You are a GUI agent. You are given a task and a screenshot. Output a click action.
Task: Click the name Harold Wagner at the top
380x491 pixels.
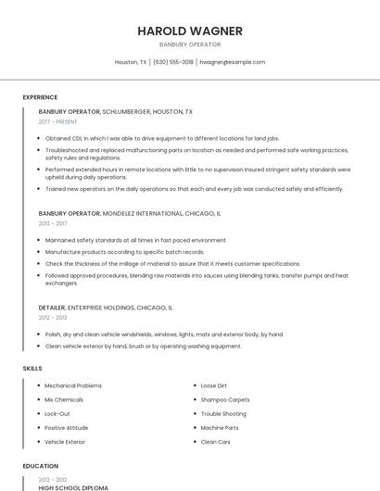tap(190, 31)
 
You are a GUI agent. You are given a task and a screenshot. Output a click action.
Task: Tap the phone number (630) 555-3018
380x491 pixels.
tap(173, 62)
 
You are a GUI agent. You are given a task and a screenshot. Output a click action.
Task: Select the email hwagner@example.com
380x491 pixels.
tap(232, 62)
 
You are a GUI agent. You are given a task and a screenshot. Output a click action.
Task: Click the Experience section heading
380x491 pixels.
tap(40, 97)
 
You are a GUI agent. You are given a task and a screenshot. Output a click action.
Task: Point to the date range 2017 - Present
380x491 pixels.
tap(57, 121)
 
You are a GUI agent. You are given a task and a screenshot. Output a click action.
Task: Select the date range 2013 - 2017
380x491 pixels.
tap(53, 223)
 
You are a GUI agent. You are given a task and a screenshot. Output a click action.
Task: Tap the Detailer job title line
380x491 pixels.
tap(106, 307)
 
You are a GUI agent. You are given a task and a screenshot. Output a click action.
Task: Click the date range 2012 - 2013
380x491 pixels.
tap(53, 317)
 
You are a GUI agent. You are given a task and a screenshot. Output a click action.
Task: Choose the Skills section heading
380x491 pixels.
tap(32, 368)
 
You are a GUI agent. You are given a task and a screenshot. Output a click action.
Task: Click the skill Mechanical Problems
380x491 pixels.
tap(73, 385)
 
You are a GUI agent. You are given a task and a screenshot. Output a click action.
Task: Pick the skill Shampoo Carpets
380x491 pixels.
tap(225, 399)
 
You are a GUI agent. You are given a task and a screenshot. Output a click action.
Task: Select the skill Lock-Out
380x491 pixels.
tap(57, 413)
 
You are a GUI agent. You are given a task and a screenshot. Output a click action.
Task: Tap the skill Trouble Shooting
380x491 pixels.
tap(223, 413)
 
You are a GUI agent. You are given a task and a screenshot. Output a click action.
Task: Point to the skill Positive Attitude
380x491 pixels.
tap(67, 428)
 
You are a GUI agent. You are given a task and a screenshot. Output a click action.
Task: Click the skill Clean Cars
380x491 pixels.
tap(215, 442)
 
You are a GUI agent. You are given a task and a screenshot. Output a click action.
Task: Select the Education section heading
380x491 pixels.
tap(40, 466)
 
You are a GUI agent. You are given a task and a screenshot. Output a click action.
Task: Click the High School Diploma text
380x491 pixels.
tap(73, 487)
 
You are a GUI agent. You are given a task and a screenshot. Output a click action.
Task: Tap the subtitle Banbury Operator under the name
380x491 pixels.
tap(190, 44)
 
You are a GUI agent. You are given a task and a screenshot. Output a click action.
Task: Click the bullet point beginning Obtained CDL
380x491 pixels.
tap(161, 138)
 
